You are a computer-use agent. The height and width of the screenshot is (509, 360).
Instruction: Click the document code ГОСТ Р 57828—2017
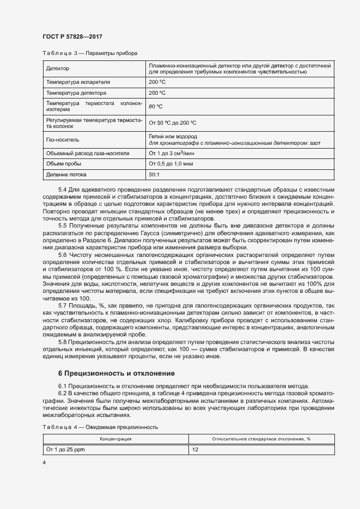tap(72, 36)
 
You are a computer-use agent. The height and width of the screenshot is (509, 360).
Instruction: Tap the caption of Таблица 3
tap(90, 53)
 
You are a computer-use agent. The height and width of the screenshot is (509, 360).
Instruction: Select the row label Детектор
tap(58, 69)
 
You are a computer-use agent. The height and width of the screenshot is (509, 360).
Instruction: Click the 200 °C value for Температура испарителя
tap(157, 82)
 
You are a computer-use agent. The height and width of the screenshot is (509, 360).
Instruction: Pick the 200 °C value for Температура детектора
tap(157, 93)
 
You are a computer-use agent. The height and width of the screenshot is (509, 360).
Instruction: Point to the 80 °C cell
tap(156, 107)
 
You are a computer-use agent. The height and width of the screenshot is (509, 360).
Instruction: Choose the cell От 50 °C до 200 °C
tap(173, 123)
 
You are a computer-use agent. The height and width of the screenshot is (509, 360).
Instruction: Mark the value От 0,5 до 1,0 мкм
tap(171, 164)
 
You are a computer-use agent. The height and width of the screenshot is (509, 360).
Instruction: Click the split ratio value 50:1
tap(154, 175)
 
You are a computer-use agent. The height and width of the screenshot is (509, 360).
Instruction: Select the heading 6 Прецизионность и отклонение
tap(116, 373)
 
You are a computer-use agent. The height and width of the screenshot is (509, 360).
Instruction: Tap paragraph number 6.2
tap(62, 393)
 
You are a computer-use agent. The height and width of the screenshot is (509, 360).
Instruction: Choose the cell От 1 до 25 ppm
tap(66, 450)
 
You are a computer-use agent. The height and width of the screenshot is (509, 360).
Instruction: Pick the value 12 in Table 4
tap(195, 450)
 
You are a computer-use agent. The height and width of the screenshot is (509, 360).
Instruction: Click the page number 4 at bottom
tap(44, 463)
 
